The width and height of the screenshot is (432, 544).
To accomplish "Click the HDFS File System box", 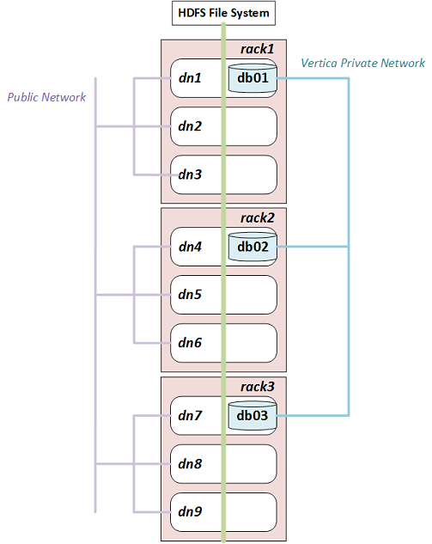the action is coord(223,13).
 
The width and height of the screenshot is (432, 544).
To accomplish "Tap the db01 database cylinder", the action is coord(253,78).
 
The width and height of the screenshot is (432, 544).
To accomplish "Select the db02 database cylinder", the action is coord(253,247).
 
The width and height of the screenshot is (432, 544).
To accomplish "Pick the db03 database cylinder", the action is coord(253,415).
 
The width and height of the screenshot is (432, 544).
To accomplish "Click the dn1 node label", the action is coord(190,78).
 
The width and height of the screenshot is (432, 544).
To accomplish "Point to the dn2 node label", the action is coord(190,126).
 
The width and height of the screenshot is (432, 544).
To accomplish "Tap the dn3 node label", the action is coord(190,174).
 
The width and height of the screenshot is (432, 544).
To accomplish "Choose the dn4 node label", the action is coord(190,247).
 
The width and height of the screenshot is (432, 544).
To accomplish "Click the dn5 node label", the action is coord(190,295).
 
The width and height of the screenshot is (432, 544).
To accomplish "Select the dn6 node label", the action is coord(190,343).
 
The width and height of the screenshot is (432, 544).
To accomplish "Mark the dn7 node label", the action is coord(190,416).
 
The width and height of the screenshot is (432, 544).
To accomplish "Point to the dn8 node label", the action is coord(190,464).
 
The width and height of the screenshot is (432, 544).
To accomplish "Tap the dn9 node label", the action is coord(190,511).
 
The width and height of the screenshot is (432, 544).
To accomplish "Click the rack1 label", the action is coord(258,49).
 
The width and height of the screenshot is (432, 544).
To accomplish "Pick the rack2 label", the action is coord(258,218).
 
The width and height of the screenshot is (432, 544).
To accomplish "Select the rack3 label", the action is coord(258,387).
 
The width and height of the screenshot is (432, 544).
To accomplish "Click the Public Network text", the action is coord(46,97).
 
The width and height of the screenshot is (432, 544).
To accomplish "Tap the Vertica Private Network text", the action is coord(362,63).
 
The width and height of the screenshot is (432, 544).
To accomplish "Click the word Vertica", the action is coord(319,63).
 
